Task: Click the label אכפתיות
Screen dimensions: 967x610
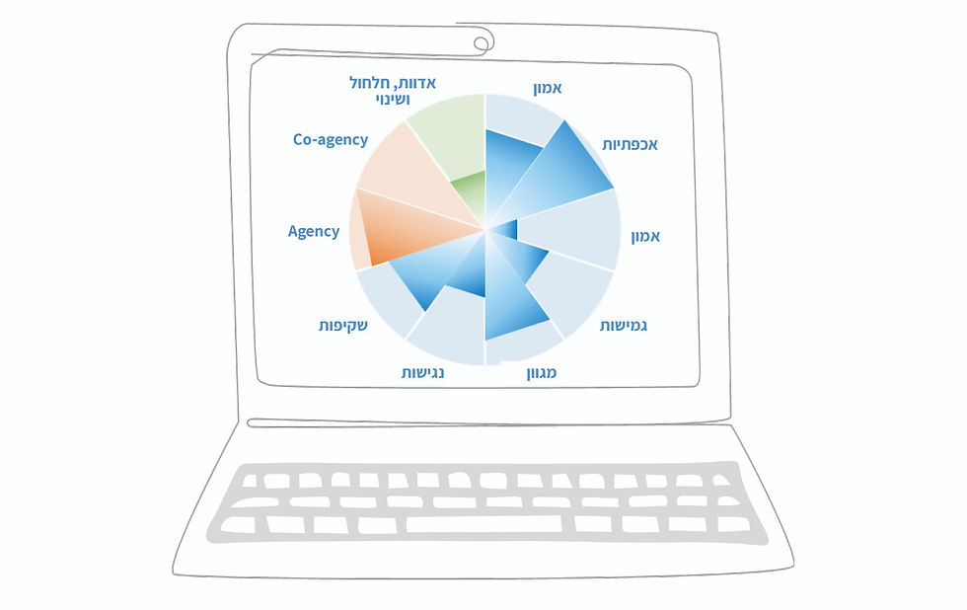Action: click(x=630, y=144)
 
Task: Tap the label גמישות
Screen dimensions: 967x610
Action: click(x=623, y=326)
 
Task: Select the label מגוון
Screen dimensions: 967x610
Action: click(x=542, y=372)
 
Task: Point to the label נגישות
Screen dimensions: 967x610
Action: click(x=422, y=372)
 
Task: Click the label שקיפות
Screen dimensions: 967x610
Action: click(x=343, y=325)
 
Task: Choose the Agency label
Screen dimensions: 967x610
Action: click(x=314, y=231)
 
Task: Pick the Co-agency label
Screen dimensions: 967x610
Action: click(x=330, y=140)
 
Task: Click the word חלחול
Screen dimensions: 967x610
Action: click(x=369, y=83)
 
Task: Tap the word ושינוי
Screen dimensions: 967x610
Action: click(x=393, y=99)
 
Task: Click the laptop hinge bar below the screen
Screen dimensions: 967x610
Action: click(x=488, y=423)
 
